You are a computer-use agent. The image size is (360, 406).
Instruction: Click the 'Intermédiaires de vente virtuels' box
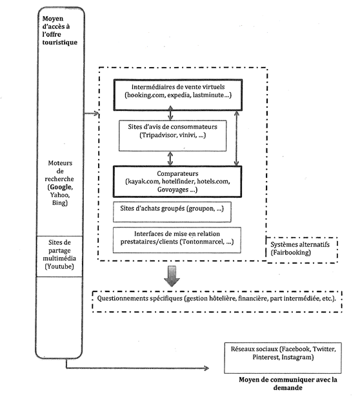[178, 95]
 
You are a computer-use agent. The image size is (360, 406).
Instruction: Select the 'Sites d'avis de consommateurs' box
[172, 135]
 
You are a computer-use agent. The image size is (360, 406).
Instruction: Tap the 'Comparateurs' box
[177, 182]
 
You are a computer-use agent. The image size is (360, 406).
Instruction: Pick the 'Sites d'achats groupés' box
[172, 212]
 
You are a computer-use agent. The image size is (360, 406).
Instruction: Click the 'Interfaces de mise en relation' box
[177, 240]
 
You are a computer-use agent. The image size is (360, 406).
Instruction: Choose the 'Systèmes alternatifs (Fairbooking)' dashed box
[302, 250]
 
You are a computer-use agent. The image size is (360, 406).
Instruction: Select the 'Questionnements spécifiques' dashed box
[217, 302]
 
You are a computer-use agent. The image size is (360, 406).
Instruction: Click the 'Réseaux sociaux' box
[283, 358]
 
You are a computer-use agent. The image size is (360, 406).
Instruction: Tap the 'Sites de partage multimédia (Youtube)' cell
[59, 256]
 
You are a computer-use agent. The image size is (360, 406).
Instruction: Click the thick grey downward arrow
[172, 276]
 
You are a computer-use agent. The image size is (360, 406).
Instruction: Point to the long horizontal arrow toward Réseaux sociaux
[137, 368]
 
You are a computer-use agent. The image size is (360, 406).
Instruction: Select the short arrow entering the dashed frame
[91, 113]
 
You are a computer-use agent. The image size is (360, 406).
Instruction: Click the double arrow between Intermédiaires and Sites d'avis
[170, 113]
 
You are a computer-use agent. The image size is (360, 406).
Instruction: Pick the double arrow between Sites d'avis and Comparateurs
[170, 159]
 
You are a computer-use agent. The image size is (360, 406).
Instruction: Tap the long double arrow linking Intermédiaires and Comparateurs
[236, 139]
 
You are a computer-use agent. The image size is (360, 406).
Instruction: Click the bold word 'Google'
[61, 187]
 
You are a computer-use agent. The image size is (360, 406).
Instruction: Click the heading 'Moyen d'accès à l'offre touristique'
[60, 30]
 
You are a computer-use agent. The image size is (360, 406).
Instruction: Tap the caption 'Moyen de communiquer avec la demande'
[288, 383]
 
